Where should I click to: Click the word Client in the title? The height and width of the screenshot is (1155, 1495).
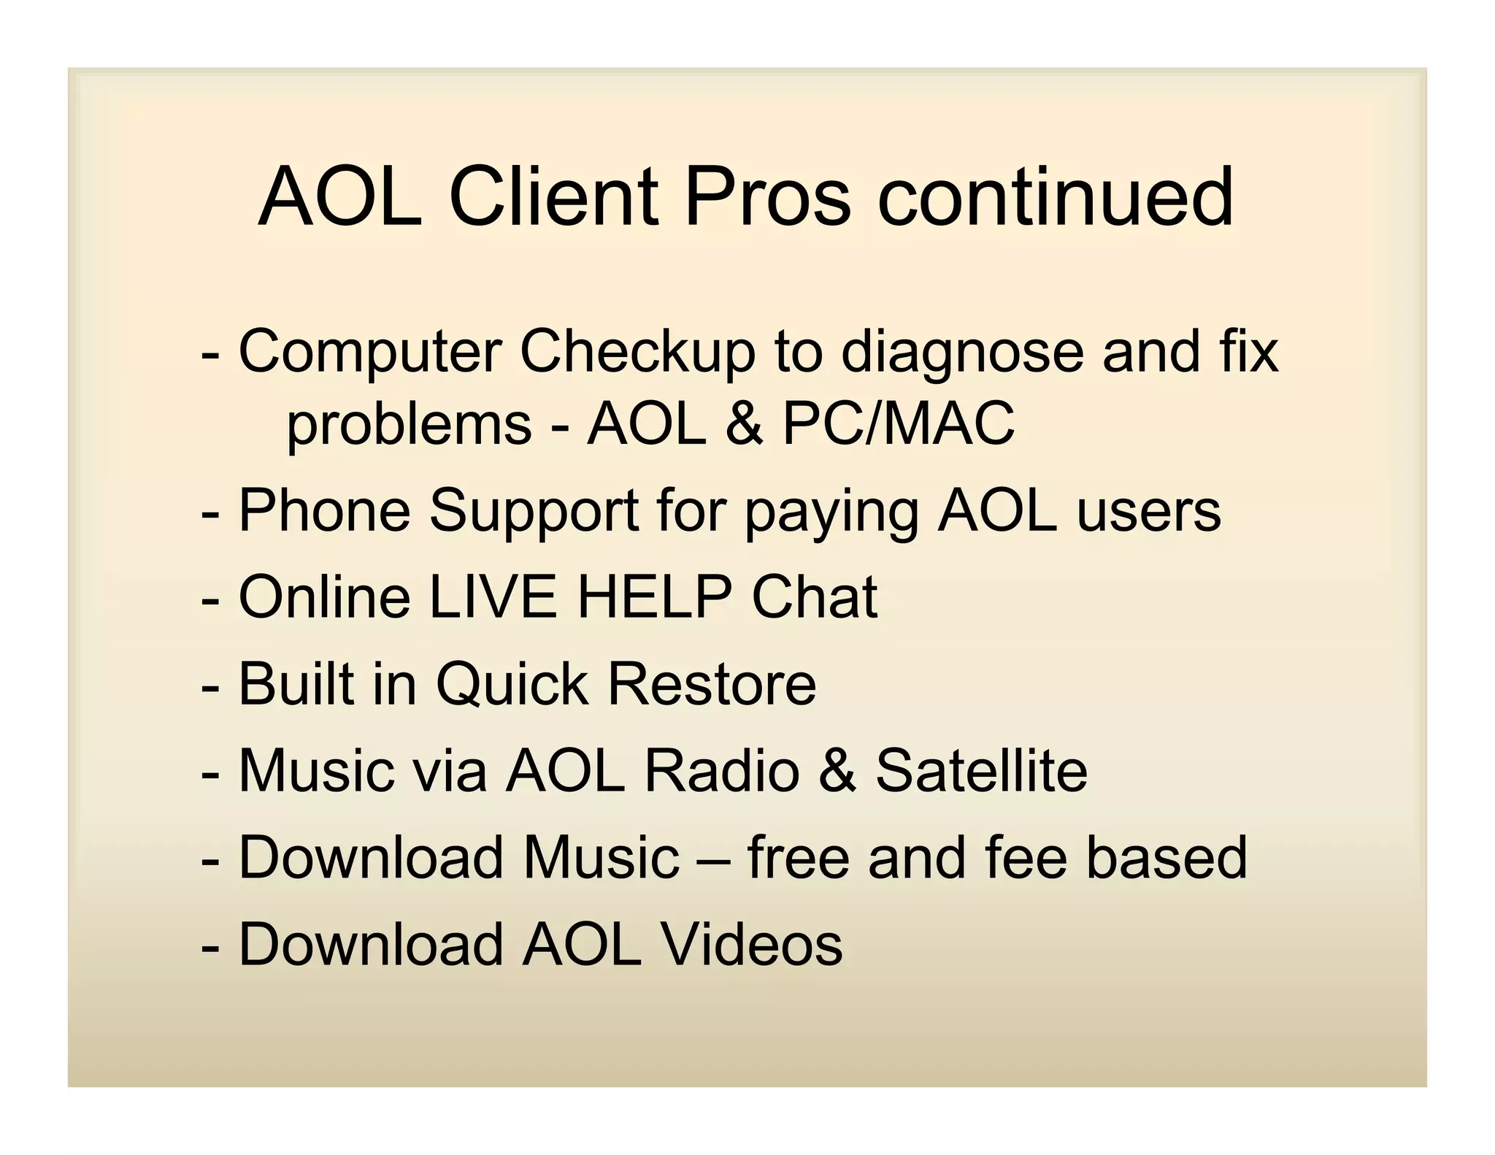point(555,196)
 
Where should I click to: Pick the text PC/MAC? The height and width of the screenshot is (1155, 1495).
point(898,423)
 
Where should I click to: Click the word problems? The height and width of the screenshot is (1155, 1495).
point(409,425)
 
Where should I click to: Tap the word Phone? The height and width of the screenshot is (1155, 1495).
point(325,510)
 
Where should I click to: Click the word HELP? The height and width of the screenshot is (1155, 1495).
point(655,597)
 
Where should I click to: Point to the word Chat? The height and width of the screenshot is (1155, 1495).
point(814,597)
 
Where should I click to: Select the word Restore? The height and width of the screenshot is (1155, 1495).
point(712,684)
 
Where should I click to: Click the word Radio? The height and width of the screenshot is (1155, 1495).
point(722,771)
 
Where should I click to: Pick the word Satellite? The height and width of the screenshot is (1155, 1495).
point(981,771)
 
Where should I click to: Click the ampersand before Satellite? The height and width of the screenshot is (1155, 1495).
point(837,771)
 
